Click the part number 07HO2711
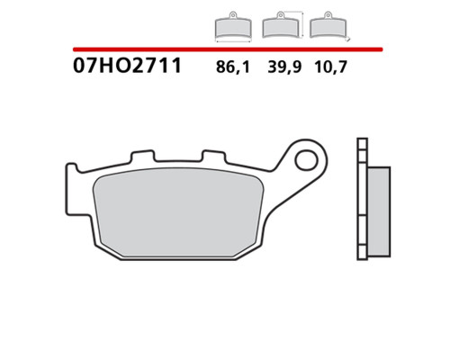(127, 66)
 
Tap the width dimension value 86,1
(233, 67)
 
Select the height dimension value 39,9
(284, 67)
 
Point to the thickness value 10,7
(330, 67)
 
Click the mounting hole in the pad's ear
(306, 160)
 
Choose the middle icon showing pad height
(283, 25)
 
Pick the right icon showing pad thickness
(328, 26)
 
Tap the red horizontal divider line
(228, 49)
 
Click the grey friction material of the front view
(178, 212)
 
